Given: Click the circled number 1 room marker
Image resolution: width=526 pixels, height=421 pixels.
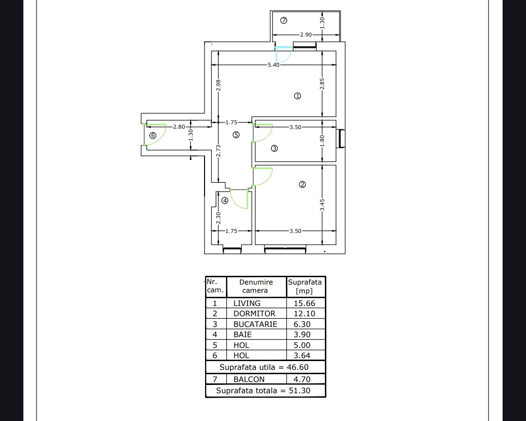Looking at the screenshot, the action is point(298,96).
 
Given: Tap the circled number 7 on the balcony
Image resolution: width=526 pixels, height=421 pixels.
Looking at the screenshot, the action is point(284,20).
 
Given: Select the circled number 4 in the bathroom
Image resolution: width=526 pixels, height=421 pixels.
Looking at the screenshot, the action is point(225,201).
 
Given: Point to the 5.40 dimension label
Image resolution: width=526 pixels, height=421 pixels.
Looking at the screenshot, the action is point(273,65).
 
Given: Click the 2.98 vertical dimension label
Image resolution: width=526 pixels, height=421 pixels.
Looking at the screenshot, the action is point(218,85).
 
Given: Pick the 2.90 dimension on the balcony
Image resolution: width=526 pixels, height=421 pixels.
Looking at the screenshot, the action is point(305,35).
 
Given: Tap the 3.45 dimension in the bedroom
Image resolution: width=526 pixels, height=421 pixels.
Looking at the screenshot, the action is point(322,205).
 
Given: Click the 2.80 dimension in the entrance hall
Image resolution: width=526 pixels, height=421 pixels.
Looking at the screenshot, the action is point(179,127).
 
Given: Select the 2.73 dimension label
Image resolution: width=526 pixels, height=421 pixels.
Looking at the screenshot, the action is point(218,151).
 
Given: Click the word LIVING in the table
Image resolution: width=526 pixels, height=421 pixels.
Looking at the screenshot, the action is point(247,303).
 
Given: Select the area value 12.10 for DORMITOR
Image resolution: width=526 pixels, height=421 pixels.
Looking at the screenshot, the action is point(304,314).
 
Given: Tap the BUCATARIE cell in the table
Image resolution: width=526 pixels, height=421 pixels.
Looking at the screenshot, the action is point(255,325).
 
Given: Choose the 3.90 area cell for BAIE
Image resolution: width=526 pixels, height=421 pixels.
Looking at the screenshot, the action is point(302,335).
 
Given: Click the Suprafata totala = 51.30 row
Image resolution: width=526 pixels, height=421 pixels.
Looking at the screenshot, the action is point(263,390).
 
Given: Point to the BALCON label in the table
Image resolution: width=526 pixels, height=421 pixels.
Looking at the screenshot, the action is point(249,380).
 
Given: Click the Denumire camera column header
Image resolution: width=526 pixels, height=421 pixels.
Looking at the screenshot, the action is point(256,287).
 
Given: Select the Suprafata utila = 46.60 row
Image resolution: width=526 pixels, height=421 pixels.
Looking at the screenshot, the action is point(264,367).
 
